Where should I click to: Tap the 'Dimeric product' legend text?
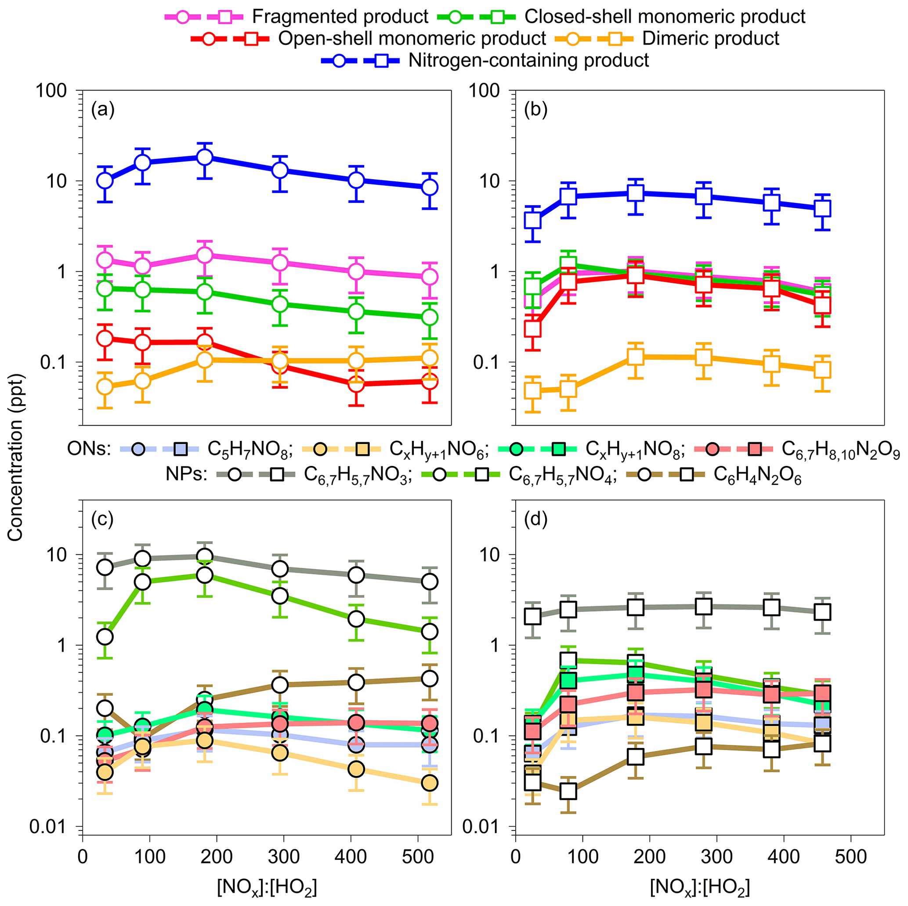click(x=711, y=39)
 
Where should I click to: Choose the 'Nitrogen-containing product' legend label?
click(x=528, y=61)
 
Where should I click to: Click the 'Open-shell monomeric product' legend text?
click(x=412, y=39)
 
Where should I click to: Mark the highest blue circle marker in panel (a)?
click(x=204, y=157)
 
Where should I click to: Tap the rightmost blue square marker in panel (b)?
click(x=822, y=208)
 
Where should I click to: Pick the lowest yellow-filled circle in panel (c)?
click(x=429, y=783)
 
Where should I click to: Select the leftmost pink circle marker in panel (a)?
click(x=105, y=260)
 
